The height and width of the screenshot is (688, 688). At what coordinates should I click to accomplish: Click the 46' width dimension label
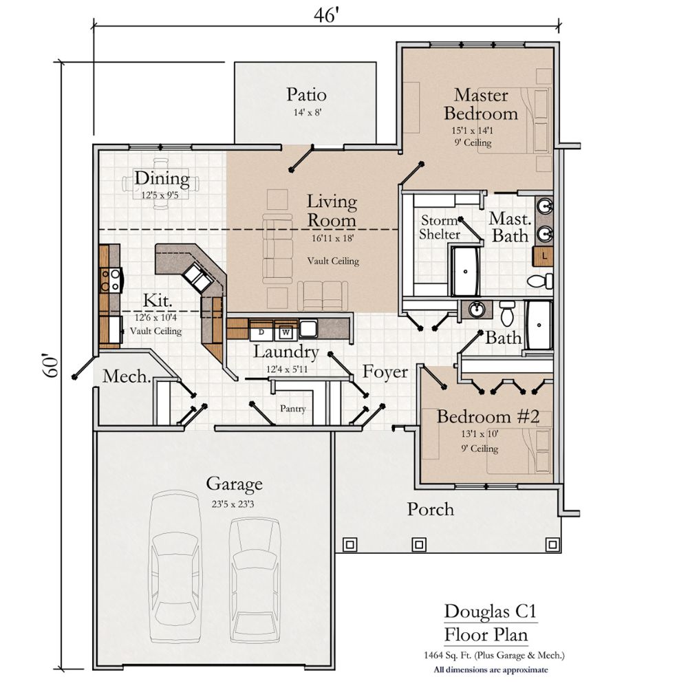point(327,15)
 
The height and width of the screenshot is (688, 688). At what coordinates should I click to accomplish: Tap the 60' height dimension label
point(51,366)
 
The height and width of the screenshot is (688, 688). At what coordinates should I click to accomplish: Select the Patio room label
point(306,94)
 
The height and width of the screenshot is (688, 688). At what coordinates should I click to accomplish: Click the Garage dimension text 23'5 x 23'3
point(233,504)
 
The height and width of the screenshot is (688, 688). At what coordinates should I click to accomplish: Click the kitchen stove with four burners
point(111,281)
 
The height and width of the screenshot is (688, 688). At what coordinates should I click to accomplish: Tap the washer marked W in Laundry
point(286,332)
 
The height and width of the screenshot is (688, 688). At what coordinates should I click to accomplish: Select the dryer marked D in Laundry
point(261,332)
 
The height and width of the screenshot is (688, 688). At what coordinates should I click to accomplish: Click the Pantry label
point(292,409)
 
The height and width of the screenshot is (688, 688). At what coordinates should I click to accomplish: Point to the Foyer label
point(385,372)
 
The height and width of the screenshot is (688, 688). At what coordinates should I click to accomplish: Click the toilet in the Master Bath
point(540,281)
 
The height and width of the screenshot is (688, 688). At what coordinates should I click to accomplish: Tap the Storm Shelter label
point(440,227)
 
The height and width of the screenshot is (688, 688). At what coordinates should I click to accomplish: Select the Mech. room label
point(127,376)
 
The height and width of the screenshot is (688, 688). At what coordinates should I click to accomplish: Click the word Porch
point(431,509)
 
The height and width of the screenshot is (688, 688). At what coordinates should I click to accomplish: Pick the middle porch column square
point(419,544)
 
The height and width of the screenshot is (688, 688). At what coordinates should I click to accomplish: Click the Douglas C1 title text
point(491,611)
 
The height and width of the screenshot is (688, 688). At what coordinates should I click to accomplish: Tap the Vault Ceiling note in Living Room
point(333,261)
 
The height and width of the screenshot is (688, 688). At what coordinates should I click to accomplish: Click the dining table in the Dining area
point(161,184)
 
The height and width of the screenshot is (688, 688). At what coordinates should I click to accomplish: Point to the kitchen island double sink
point(197,277)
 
